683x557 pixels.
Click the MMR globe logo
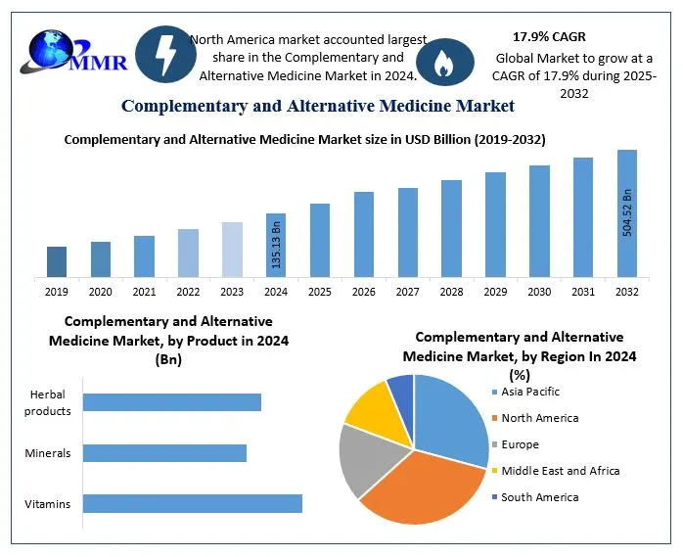point(61,54)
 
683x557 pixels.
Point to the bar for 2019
point(57,261)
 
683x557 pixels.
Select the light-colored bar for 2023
point(232,250)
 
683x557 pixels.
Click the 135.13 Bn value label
point(277,246)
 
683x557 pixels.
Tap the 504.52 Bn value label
point(627,212)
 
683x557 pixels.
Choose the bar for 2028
point(451,228)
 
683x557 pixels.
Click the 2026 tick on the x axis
point(364,292)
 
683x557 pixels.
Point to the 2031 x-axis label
point(583,292)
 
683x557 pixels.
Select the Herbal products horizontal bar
point(172,402)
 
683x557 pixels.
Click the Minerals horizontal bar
point(164,453)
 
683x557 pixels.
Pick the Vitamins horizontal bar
point(193,503)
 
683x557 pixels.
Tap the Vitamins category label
point(48,504)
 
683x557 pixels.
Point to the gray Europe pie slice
point(364,457)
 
